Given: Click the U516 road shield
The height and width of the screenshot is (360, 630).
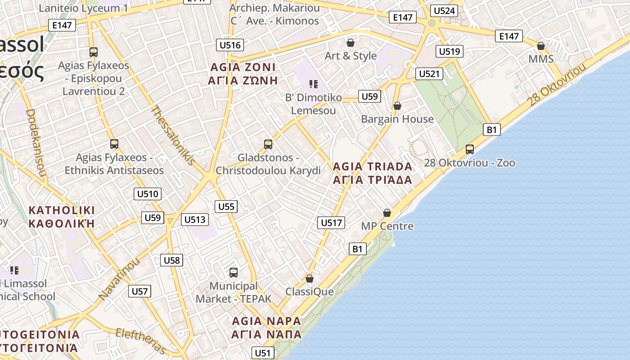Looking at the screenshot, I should point(230,45).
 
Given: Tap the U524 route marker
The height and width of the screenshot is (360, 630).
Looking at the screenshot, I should point(444,11).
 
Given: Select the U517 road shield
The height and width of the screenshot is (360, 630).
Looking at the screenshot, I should point(331,222).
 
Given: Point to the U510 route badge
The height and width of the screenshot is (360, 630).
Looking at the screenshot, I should point(148,194).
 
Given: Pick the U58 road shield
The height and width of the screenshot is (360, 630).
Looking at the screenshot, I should point(171,260).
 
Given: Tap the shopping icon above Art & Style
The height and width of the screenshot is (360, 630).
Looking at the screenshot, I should point(350,43).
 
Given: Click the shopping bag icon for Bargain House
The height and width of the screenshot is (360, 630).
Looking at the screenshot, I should point(397,106).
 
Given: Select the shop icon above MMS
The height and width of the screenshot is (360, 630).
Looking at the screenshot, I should point(541,46).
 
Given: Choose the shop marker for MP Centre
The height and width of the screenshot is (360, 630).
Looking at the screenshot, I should point(387,213).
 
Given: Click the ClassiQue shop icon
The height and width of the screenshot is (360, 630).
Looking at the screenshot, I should point(309,279).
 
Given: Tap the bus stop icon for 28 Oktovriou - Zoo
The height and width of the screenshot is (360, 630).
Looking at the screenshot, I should point(470,149).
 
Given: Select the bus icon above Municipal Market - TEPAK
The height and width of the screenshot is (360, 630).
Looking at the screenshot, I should point(233,272).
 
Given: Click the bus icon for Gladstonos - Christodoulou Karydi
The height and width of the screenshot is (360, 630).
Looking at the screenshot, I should point(268,144).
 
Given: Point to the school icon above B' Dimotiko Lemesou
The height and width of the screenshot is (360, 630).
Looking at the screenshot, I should point(314,84).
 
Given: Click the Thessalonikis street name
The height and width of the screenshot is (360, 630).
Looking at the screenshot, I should point(173,135).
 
